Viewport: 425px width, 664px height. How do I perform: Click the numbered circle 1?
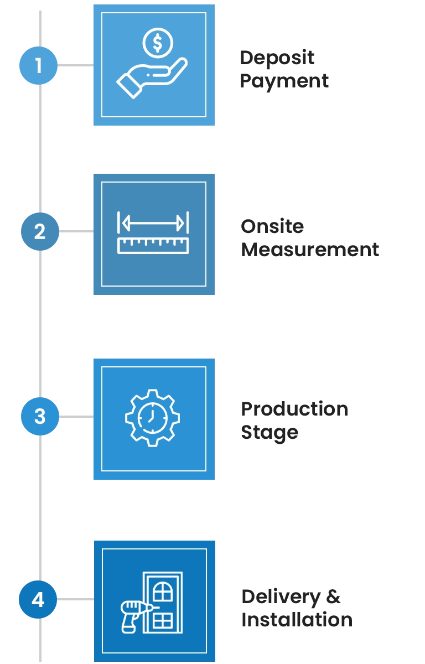(38, 65)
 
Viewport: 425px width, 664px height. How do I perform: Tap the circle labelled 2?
(39, 232)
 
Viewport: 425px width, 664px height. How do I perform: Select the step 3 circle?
(39, 416)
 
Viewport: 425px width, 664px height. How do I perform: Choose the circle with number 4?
(38, 600)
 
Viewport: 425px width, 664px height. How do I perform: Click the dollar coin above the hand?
(158, 43)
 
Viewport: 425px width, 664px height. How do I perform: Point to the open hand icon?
(149, 77)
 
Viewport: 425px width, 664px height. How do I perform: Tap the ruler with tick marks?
(153, 245)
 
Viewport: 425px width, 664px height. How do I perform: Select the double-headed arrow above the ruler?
(153, 223)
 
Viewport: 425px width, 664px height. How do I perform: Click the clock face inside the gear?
(149, 418)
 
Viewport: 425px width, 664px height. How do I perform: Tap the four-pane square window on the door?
(163, 619)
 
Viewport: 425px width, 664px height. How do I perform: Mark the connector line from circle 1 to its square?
(75, 64)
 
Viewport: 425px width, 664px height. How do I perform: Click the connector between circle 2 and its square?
(76, 232)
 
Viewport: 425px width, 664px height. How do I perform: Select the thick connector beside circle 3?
(76, 416)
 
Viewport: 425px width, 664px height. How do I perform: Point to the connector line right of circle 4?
(75, 600)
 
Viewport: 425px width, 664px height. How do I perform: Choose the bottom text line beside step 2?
(309, 248)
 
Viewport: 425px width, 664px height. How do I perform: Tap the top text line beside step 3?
(294, 408)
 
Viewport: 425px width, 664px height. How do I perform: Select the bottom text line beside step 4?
(296, 620)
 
